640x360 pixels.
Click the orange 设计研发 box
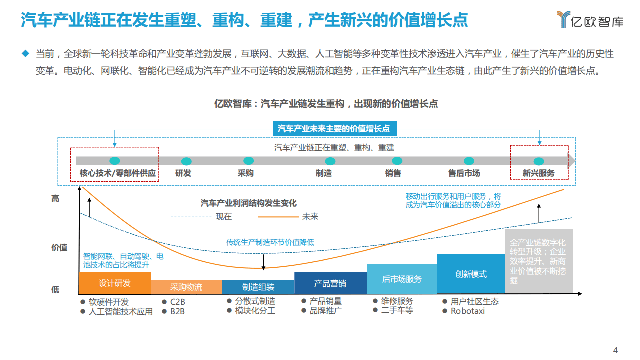point(115,283)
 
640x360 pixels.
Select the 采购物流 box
point(186,287)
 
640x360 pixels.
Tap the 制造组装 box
point(258,287)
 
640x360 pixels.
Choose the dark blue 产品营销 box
point(330,283)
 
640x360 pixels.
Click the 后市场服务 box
point(402,279)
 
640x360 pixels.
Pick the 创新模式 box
point(471,274)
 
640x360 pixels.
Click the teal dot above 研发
point(186,161)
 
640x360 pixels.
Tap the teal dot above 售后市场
point(469,161)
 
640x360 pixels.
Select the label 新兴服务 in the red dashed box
point(539,173)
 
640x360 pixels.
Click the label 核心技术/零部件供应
point(118,173)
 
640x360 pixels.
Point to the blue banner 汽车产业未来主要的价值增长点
point(334,129)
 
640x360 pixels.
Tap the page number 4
point(616,350)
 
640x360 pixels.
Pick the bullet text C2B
point(177,302)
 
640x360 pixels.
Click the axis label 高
point(55,199)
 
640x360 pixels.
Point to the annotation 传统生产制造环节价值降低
point(270,242)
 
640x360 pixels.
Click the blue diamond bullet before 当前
point(25,53)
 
